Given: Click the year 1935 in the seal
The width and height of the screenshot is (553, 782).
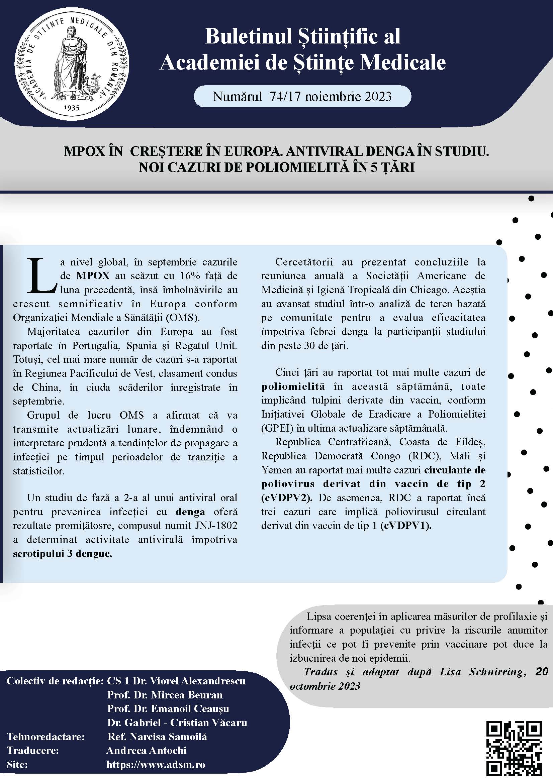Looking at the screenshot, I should (72, 108).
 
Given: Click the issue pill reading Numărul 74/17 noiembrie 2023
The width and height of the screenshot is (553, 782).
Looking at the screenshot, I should (302, 97).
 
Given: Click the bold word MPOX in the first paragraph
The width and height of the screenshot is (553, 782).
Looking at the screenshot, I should (93, 275).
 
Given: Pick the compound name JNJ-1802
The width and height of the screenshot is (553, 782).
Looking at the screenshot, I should (216, 525).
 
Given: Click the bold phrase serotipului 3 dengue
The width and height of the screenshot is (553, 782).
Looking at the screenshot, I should (62, 553).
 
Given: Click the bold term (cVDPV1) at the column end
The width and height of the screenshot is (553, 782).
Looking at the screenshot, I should (406, 526).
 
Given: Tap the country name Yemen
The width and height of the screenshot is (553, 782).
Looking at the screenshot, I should (273, 470).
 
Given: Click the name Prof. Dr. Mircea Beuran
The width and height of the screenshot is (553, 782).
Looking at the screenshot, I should (165, 695).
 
